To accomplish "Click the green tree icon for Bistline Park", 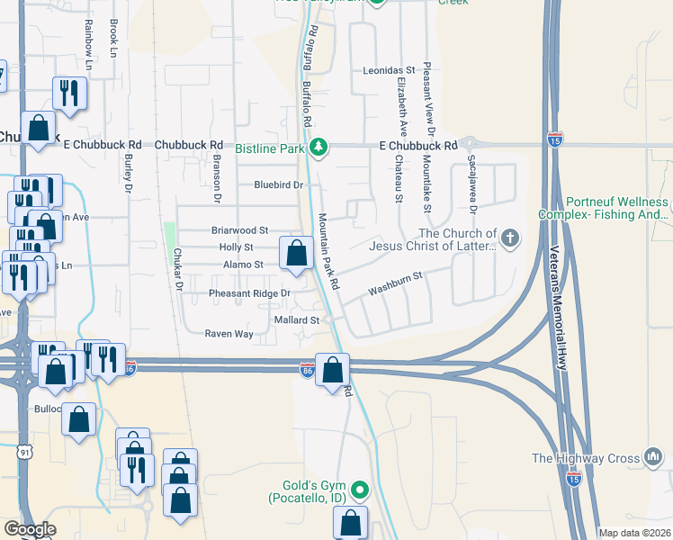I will (x=318, y=147).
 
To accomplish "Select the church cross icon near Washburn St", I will (x=509, y=238).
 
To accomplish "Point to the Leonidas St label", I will (x=388, y=69).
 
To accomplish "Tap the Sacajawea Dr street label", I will (x=471, y=184).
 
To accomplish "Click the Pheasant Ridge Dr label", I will (x=249, y=293).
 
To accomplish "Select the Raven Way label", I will (x=229, y=334).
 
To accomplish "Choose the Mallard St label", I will (x=296, y=320).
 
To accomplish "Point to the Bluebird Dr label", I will (x=275, y=184).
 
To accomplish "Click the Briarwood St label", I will (x=239, y=230).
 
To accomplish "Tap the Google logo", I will (x=30, y=529).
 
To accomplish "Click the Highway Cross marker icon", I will (x=653, y=458).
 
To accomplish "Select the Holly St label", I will (x=236, y=247).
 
